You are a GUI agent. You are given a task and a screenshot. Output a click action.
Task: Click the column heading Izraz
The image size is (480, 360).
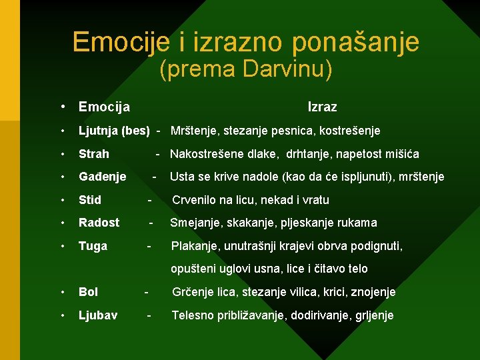pyautogui.click(x=322, y=107)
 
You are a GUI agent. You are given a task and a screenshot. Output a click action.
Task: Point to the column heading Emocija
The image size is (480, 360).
pyautogui.click(x=104, y=107)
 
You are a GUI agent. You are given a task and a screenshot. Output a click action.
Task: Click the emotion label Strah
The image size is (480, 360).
pyautogui.click(x=94, y=154)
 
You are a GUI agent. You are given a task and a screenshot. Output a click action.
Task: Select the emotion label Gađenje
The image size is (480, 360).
pyautogui.click(x=103, y=177)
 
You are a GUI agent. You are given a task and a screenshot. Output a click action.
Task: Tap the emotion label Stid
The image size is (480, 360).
pyautogui.click(x=90, y=200)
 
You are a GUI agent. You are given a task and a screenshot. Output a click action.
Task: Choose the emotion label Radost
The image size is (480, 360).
pyautogui.click(x=99, y=223)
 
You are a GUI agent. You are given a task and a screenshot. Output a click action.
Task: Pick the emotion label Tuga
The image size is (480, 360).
pyautogui.click(x=93, y=246)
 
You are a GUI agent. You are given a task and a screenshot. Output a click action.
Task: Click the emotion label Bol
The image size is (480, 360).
pyautogui.click(x=88, y=292)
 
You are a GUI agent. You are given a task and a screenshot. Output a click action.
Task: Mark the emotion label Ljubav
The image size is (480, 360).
pyautogui.click(x=98, y=315)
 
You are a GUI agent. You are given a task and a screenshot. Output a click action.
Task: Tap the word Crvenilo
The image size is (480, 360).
pyautogui.click(x=196, y=200)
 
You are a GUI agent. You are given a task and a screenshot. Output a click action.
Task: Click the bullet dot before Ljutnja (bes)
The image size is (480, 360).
pyautogui.click(x=61, y=131)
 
